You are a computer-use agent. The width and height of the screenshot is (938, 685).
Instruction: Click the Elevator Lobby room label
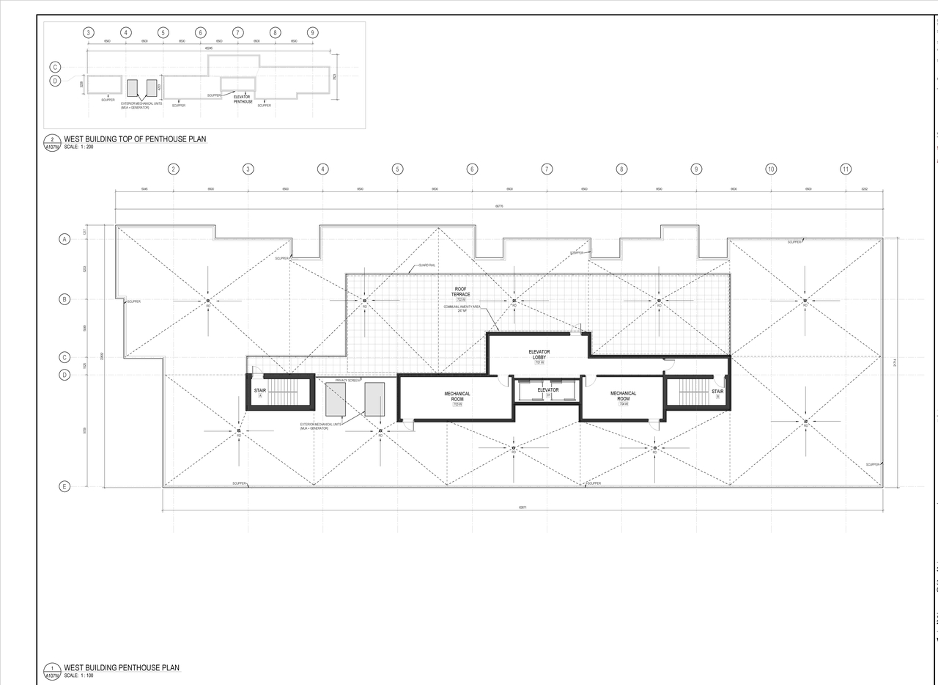click(x=539, y=354)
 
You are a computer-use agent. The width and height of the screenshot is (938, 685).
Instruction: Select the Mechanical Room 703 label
click(x=457, y=396)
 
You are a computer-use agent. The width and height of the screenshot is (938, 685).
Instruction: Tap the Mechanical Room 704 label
click(x=624, y=396)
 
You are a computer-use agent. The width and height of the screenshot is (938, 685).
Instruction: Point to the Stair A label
click(x=260, y=392)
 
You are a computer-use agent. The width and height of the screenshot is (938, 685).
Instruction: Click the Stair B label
click(x=717, y=392)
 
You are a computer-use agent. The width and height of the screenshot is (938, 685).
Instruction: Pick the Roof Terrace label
click(x=460, y=292)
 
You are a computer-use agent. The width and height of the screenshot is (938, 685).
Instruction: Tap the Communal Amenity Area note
click(x=462, y=307)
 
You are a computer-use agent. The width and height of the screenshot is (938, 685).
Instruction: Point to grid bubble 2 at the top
click(x=174, y=169)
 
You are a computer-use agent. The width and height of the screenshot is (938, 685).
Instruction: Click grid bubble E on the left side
click(x=64, y=486)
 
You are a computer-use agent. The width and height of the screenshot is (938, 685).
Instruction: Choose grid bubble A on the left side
click(x=64, y=240)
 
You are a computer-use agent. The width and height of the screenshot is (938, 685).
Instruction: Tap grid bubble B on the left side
click(x=64, y=299)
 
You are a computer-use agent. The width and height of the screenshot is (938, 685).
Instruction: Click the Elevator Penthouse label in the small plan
click(x=243, y=99)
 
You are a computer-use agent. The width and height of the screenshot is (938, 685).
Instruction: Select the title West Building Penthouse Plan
click(x=122, y=667)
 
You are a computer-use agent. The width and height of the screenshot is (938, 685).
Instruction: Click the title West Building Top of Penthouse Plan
click(x=135, y=139)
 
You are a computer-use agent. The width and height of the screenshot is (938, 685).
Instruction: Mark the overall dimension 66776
click(x=498, y=207)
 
